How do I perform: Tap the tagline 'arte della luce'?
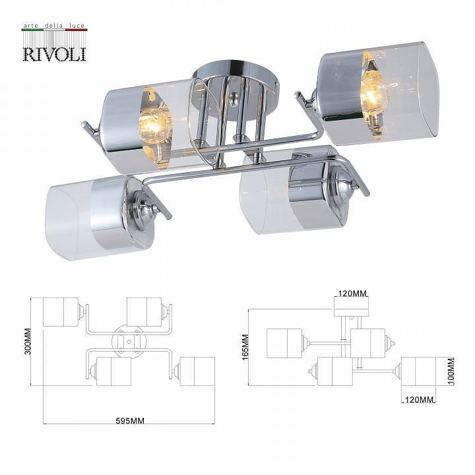coord(54,26)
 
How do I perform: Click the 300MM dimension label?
coord(27,341)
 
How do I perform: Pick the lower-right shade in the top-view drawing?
coord(197,371)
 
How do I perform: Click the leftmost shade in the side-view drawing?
coord(284,343)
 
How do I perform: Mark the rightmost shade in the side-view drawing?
coord(418,371)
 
